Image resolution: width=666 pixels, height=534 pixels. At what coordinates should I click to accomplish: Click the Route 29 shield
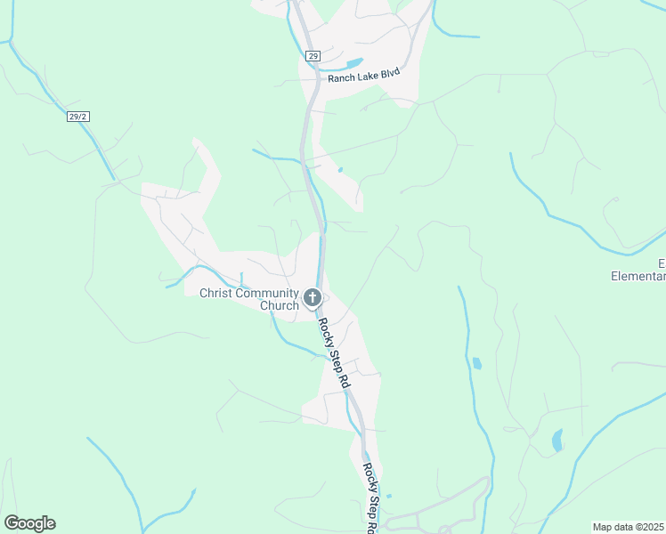point(313,55)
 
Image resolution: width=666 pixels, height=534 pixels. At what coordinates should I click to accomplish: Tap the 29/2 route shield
point(78,116)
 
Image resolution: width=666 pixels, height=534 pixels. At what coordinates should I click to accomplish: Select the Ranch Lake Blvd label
point(364,77)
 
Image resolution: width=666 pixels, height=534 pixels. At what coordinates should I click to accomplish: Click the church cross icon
point(313,297)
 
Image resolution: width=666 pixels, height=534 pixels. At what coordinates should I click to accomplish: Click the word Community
point(268,293)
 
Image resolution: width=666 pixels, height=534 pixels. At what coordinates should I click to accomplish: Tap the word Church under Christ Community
point(279,305)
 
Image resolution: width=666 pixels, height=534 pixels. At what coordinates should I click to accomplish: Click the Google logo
point(29,523)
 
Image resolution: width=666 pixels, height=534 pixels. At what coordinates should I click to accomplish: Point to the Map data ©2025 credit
point(629,527)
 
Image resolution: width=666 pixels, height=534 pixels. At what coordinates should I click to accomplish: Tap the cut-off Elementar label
point(638,276)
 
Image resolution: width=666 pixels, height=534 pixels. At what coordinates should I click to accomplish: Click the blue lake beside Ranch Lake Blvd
point(353,63)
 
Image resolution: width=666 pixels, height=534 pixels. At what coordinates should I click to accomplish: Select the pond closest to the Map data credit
point(557,441)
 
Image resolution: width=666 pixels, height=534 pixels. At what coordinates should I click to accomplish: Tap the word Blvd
point(388,76)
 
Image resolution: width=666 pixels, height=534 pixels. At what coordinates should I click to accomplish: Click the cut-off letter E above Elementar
point(662,263)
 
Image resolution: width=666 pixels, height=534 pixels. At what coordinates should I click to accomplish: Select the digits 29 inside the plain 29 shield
point(313,55)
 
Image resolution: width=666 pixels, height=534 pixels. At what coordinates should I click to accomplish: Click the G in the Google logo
point(12,523)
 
